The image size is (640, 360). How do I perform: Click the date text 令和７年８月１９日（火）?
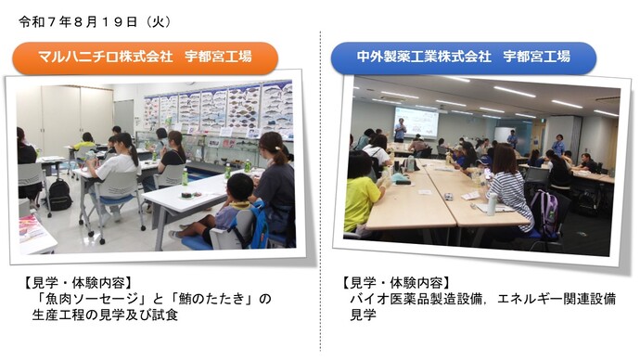pyautogui.click(x=88, y=20)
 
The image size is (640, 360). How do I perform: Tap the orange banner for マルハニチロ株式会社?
pyautogui.click(x=145, y=58)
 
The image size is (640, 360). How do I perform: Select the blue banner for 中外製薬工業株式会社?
pyautogui.click(x=464, y=58)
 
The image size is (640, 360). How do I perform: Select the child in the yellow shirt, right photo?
pyautogui.click(x=363, y=195)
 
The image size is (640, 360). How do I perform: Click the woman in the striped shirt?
pyautogui.click(x=509, y=186)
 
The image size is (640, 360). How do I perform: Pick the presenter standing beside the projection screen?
pyautogui.click(x=399, y=131)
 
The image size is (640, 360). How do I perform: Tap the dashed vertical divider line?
pyautogui.click(x=321, y=186)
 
